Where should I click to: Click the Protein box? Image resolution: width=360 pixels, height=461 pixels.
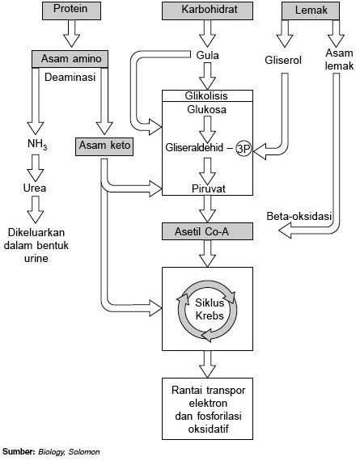(71, 11)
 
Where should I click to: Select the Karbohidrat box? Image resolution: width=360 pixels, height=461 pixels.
(207, 11)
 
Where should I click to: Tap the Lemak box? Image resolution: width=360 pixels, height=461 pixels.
(311, 11)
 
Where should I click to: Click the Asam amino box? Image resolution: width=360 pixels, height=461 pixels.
(70, 59)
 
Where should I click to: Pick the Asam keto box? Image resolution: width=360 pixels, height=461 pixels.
(104, 146)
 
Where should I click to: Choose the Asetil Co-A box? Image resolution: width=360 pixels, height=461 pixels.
(207, 231)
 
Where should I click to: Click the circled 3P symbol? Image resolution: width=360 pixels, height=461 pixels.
(244, 149)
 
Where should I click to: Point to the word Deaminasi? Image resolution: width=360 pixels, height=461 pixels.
(70, 78)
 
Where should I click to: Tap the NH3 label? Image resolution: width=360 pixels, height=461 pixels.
(37, 144)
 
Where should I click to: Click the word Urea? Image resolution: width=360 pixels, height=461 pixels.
(35, 188)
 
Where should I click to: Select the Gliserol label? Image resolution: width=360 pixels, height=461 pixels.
(283, 61)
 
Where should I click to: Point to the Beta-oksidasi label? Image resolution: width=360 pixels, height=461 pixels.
(299, 217)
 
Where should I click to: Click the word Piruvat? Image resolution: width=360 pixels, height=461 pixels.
(209, 188)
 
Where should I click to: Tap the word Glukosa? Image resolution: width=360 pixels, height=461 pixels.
(207, 110)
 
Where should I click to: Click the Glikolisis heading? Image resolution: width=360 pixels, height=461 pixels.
(206, 96)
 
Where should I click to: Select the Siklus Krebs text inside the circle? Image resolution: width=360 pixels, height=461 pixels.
(210, 309)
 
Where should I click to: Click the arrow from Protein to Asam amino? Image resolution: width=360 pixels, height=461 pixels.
(71, 33)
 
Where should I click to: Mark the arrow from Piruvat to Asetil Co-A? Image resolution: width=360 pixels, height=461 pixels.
(207, 209)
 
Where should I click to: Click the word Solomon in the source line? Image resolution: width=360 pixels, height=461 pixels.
(84, 452)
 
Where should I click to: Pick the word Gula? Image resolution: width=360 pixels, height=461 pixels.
(207, 55)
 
